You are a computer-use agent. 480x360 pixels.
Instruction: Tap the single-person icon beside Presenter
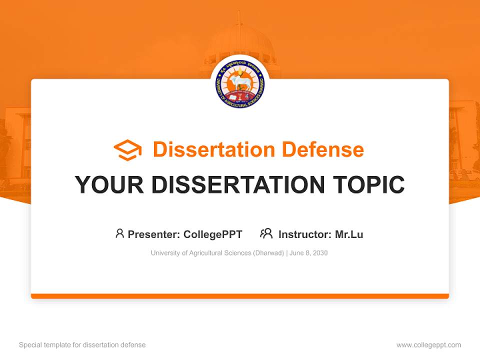point(119,233)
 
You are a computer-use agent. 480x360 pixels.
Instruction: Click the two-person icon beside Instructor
point(266,233)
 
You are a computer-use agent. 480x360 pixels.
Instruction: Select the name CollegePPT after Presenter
point(213,234)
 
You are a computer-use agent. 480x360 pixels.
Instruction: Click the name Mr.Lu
point(349,234)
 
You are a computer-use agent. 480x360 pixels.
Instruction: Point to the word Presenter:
point(154,234)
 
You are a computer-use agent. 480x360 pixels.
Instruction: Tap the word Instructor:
point(305,234)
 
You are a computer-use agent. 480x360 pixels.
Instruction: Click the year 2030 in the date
point(320,253)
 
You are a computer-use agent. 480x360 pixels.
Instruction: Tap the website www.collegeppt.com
point(428,345)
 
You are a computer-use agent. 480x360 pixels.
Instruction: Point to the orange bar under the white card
point(240,296)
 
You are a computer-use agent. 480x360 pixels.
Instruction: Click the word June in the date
point(296,253)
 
